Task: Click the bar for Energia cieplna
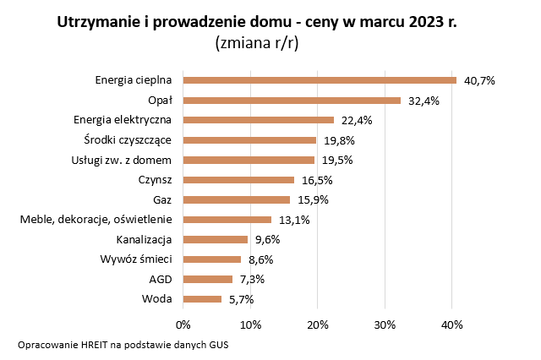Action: click(320, 80)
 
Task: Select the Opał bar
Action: click(292, 101)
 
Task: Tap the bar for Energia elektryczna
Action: click(259, 120)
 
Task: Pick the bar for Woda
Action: click(202, 298)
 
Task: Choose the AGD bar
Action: click(208, 279)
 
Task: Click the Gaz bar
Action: click(237, 199)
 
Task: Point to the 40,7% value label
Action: click(478, 80)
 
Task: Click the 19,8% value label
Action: click(338, 140)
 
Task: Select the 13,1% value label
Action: click(293, 220)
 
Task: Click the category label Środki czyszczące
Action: click(128, 139)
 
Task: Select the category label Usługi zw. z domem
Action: click(123, 160)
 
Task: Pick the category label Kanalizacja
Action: click(145, 239)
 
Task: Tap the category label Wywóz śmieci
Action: click(136, 259)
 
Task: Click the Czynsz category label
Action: click(155, 179)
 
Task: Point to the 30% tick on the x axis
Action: click(385, 324)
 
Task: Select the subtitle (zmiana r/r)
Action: click(257, 42)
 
